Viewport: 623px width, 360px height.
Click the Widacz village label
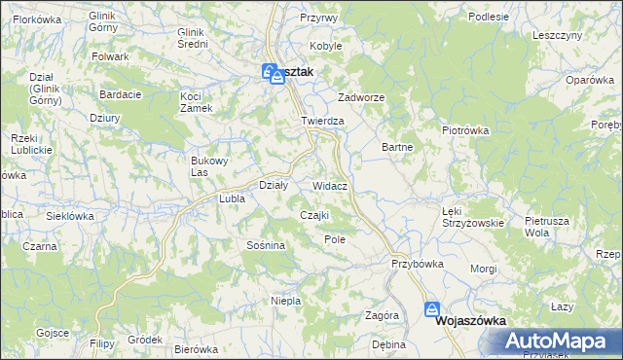click(x=331, y=185)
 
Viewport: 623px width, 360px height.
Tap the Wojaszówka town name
click(x=475, y=319)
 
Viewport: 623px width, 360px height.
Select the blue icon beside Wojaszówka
click(x=432, y=310)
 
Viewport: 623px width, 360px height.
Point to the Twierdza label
click(x=323, y=121)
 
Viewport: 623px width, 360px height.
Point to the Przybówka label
click(x=418, y=264)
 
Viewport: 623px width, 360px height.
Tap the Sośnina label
click(x=266, y=245)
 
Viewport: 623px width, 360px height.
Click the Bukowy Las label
click(x=209, y=166)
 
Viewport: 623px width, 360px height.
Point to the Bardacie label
click(x=121, y=94)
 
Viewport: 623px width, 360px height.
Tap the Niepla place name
click(x=285, y=301)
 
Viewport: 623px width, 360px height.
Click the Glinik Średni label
click(x=195, y=37)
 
